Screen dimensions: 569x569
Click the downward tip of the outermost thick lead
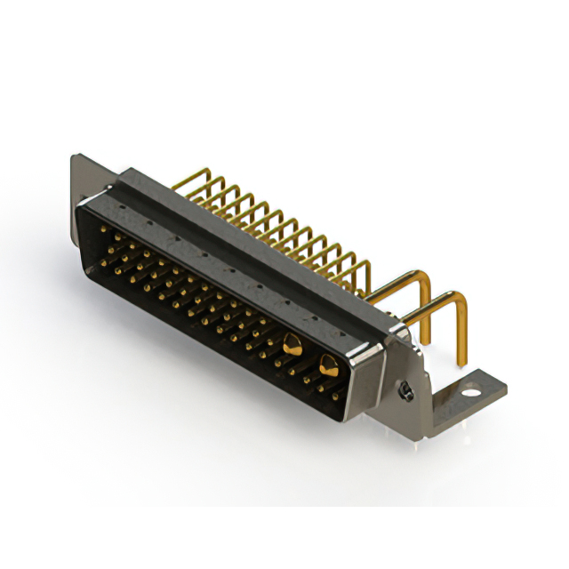click(x=463, y=362)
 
